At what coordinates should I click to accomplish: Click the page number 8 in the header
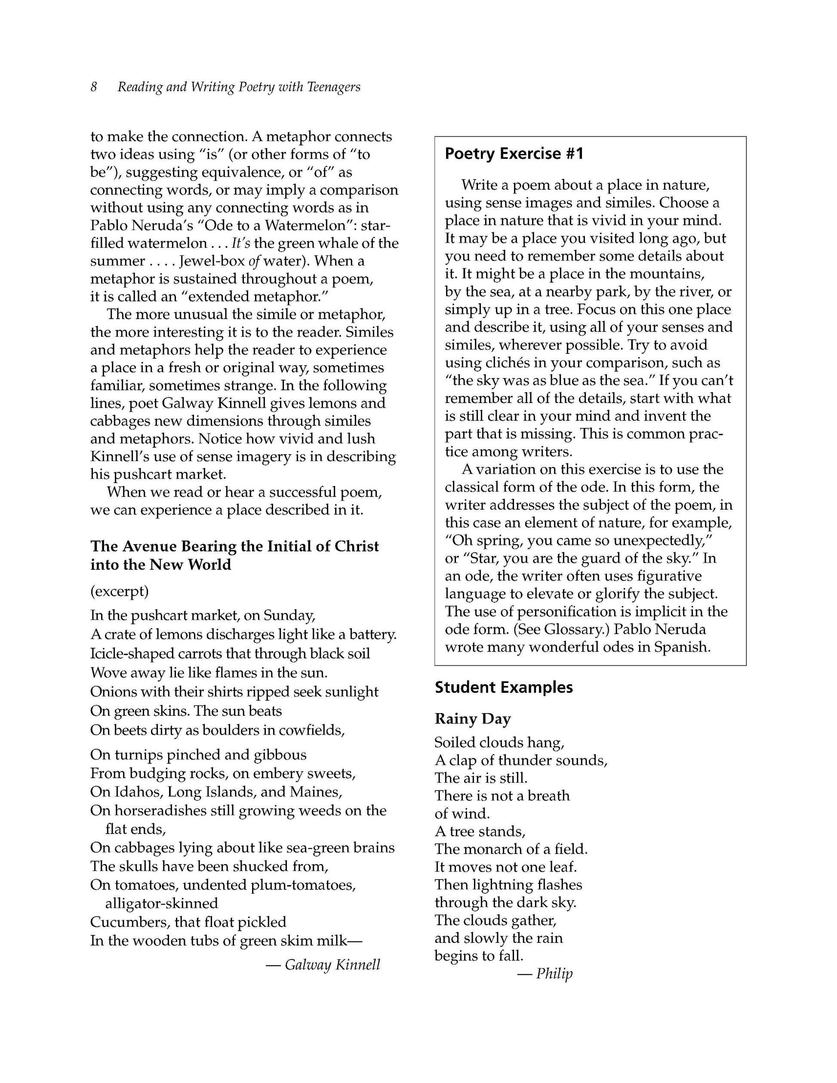tap(94, 87)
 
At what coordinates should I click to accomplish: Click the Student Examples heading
tap(503, 687)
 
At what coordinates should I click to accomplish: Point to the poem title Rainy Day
tap(472, 719)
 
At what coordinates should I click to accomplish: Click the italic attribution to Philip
tap(554, 973)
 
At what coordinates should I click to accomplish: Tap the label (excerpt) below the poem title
tap(120, 591)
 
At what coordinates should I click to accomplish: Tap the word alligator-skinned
tap(162, 904)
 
